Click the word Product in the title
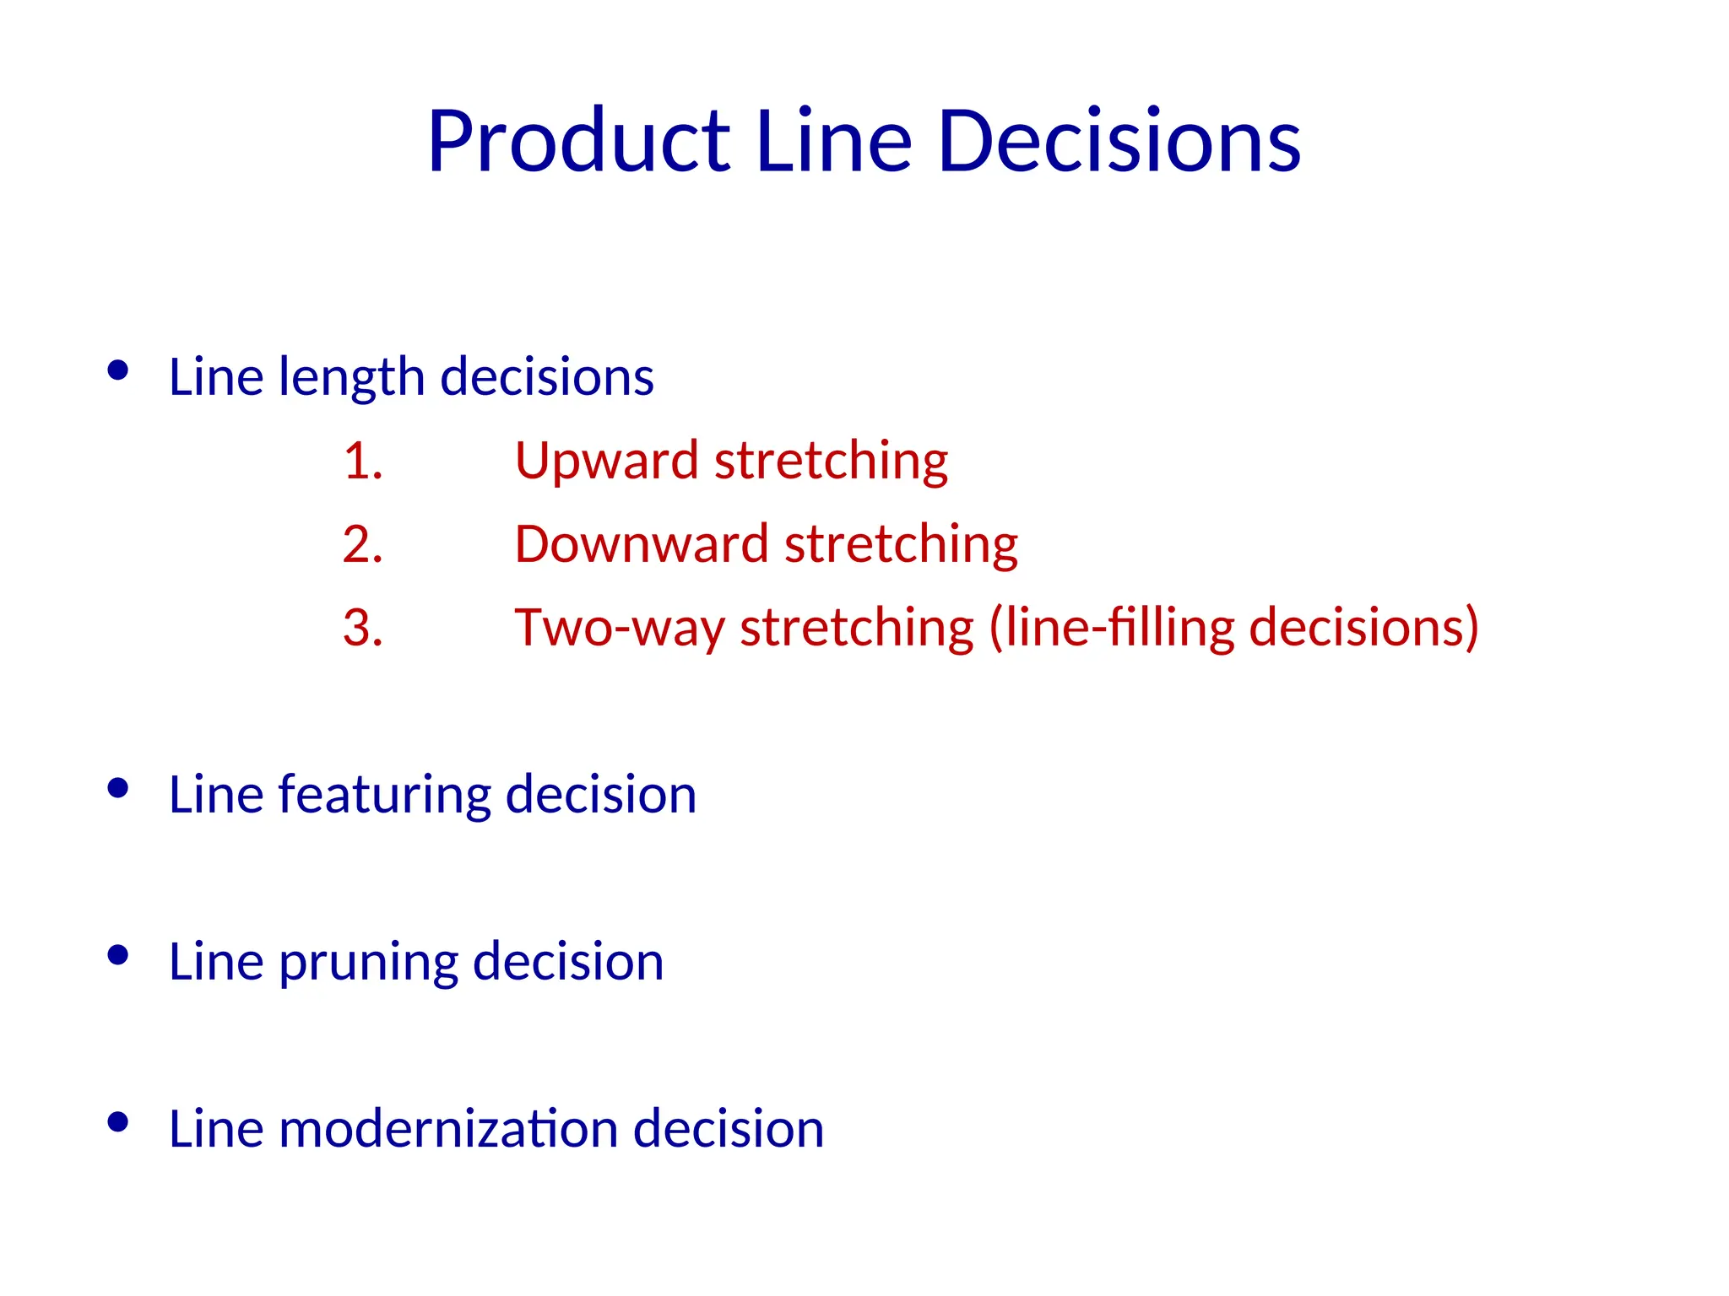578,142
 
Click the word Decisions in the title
1119,142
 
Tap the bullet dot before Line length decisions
118,370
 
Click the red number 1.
362,462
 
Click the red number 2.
362,544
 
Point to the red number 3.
362,628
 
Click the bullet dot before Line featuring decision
118,788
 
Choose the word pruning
368,963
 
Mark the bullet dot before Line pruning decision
118,955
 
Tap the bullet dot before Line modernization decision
118,1122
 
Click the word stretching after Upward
831,462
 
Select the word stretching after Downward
901,544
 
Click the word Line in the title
832,142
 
